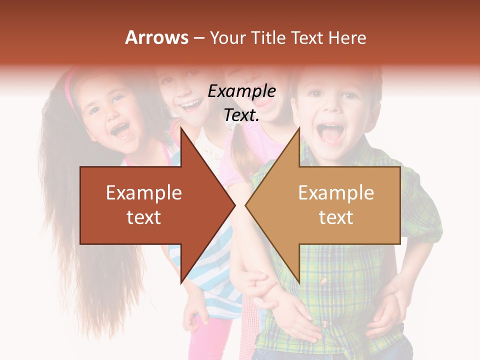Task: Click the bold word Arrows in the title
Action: pos(157,37)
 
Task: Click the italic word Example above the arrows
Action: pos(242,91)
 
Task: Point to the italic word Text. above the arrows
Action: pos(242,115)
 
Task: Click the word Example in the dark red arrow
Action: pos(144,193)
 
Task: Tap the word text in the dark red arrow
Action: pos(144,217)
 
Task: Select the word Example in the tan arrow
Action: pos(336,193)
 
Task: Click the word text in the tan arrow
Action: pos(336,217)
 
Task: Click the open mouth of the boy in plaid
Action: pos(330,133)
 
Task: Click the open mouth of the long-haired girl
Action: pos(120,130)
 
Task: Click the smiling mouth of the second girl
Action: pos(192,105)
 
